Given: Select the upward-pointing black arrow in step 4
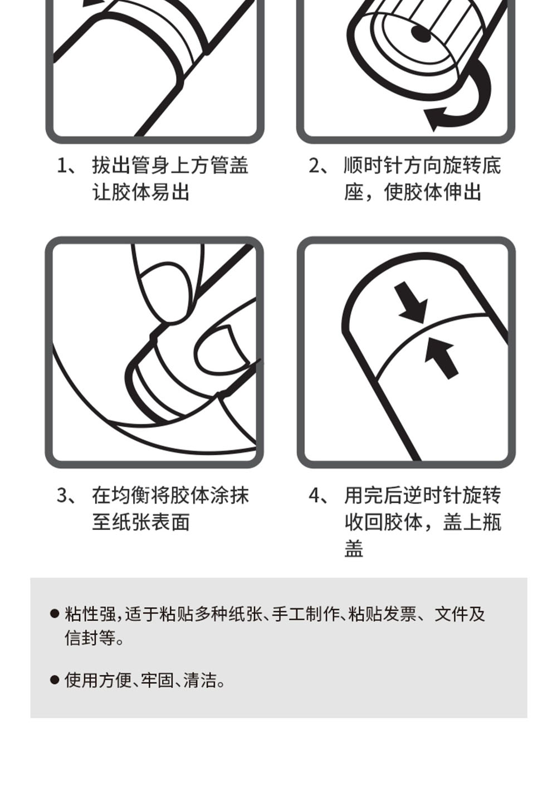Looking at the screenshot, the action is (x=441, y=358).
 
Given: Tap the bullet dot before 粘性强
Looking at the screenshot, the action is (x=55, y=614).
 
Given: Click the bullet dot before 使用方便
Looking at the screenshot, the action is (x=55, y=680).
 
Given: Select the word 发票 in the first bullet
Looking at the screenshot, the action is (x=399, y=614).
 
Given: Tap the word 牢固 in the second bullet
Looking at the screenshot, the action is (x=157, y=680).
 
